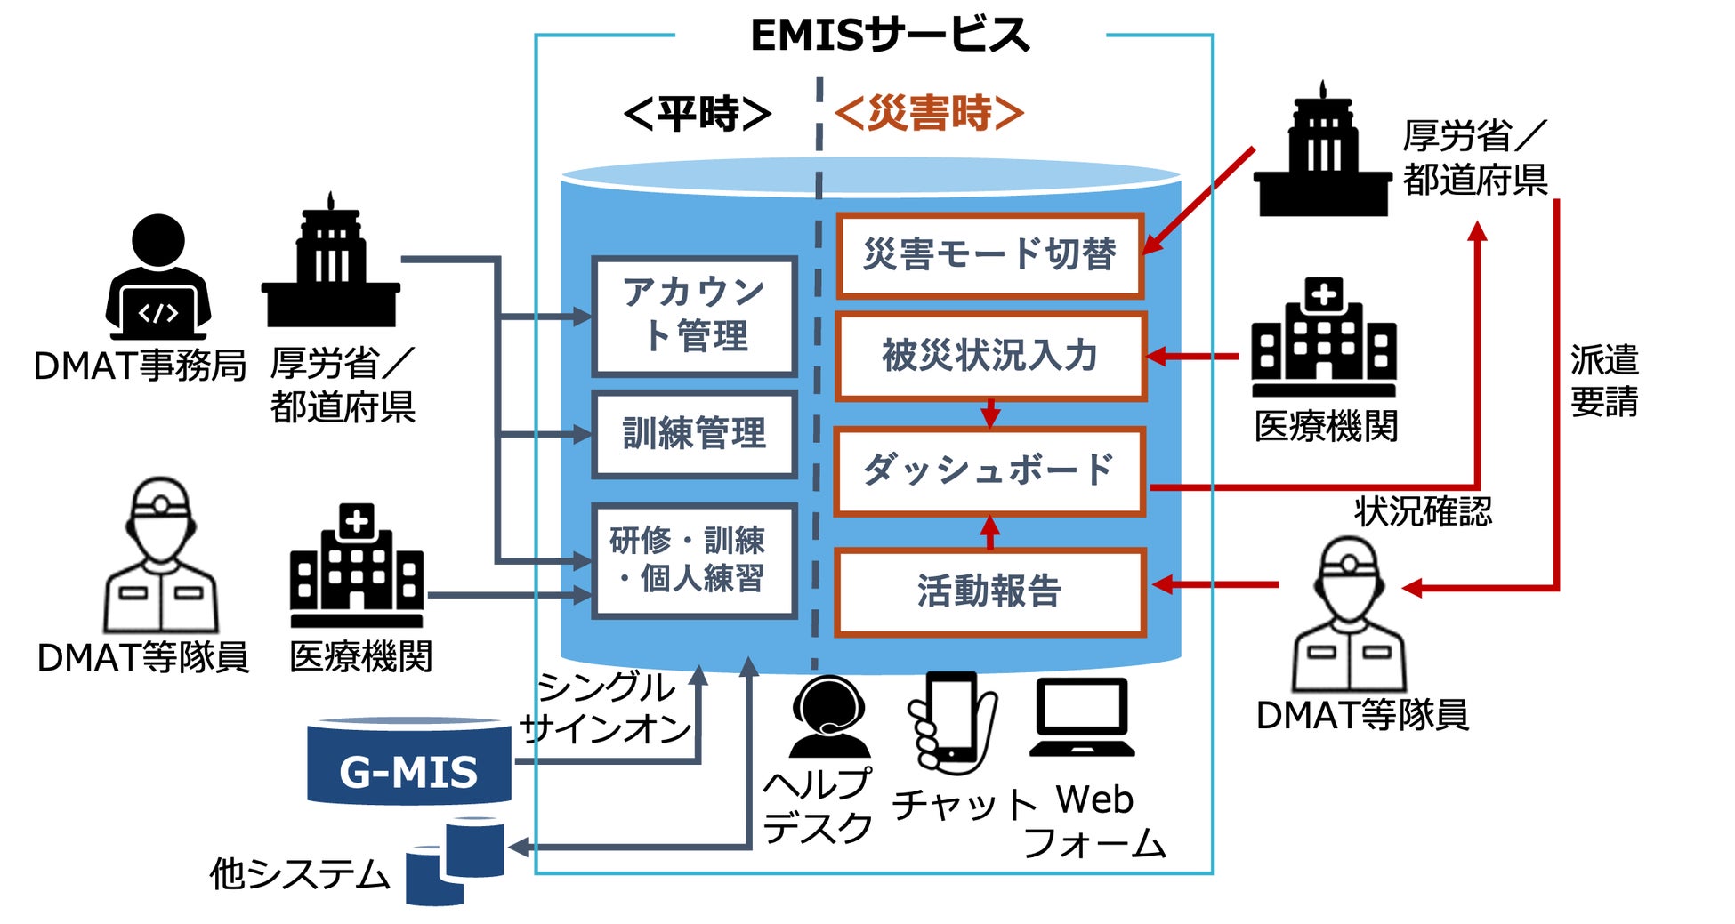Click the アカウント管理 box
(694, 317)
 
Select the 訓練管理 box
(694, 434)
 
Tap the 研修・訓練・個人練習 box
(694, 560)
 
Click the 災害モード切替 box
(989, 255)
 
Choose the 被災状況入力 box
(989, 356)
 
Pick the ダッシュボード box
(989, 470)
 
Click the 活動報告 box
(989, 591)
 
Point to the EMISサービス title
(890, 36)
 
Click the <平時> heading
(698, 114)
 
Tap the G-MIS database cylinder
(409, 761)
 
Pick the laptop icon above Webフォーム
(1082, 718)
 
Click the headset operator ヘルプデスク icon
(829, 717)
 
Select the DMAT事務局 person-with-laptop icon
(158, 277)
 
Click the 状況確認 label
(1424, 511)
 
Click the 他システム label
(300, 874)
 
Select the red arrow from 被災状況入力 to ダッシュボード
(990, 414)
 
